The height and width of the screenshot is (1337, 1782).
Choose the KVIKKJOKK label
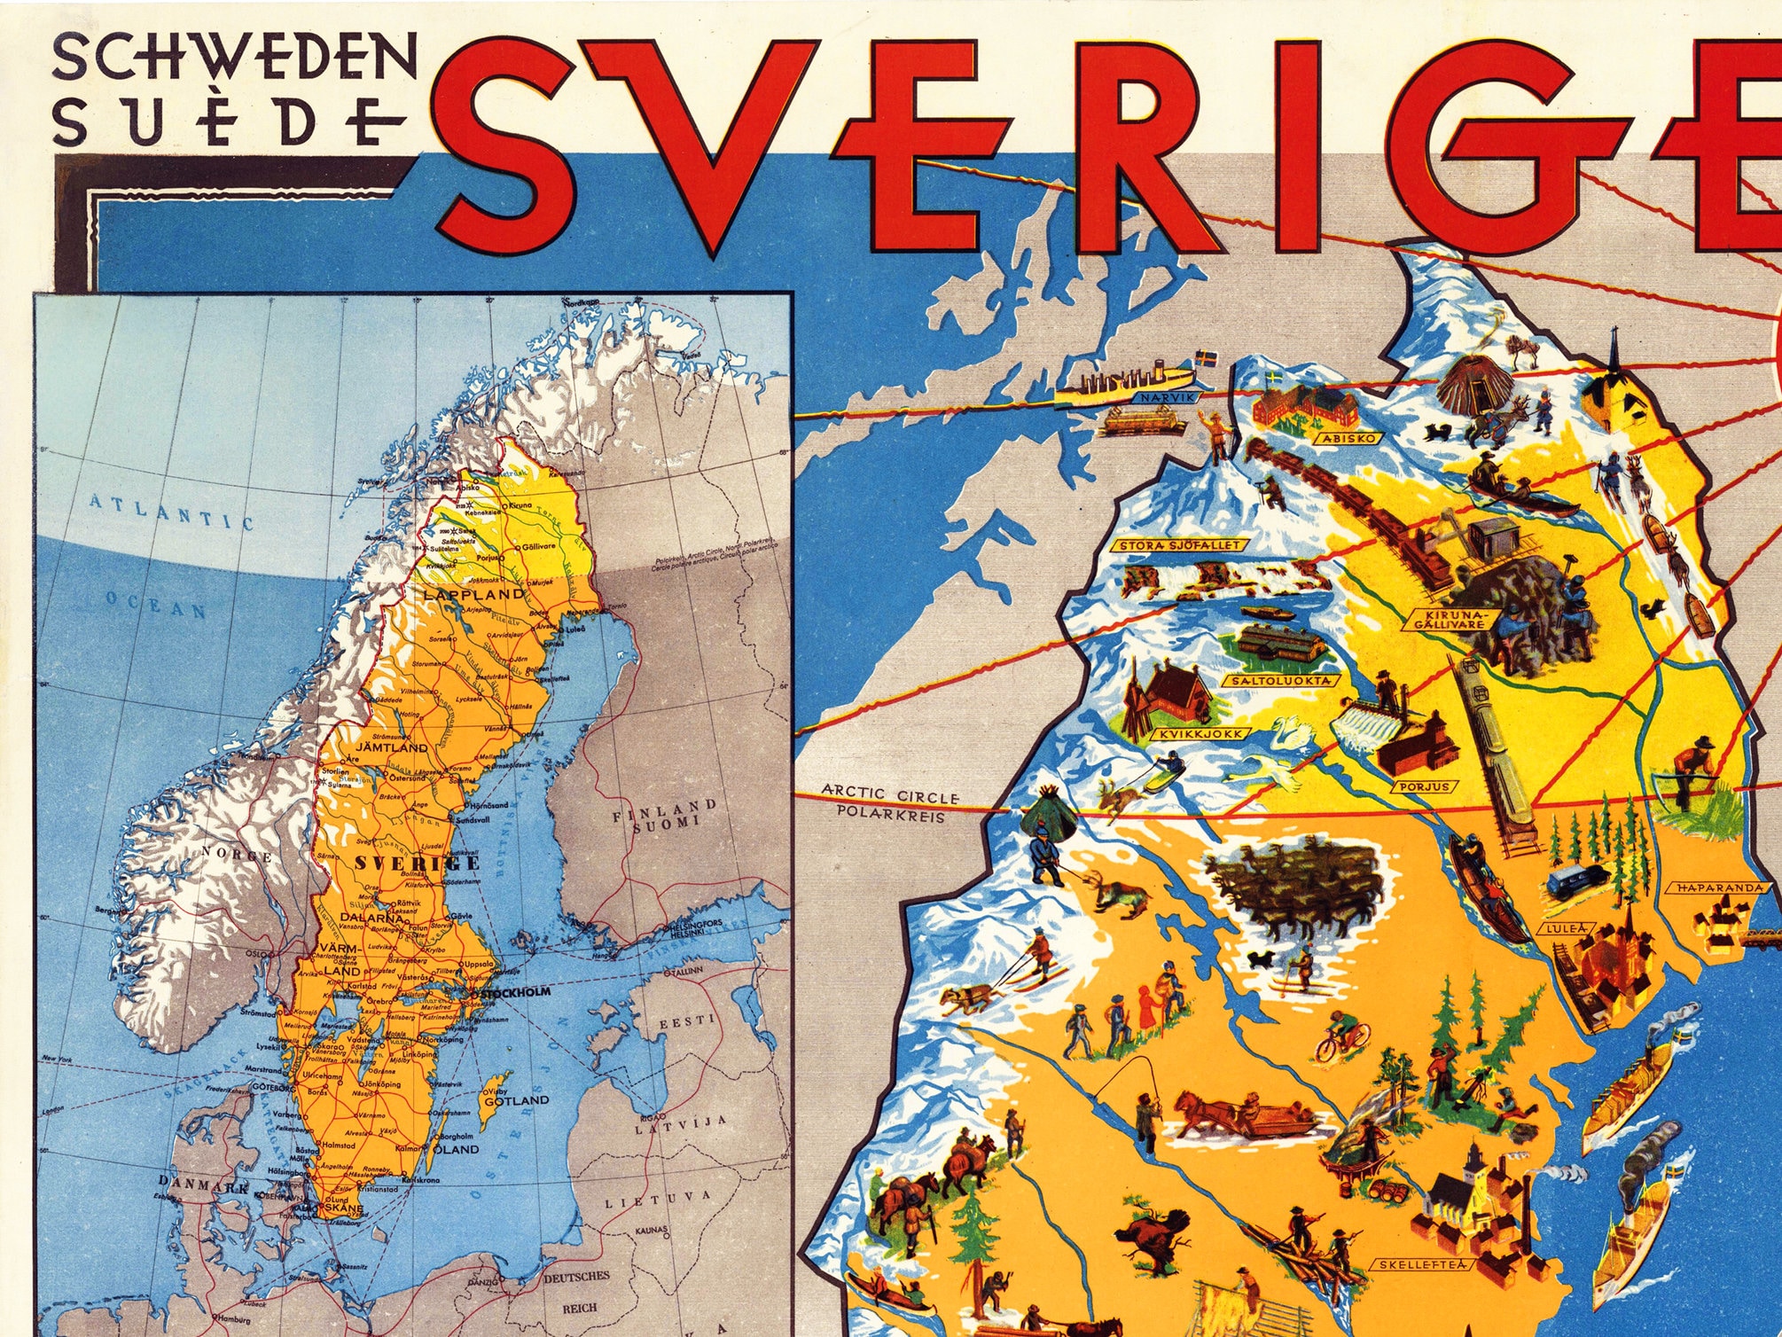1200,734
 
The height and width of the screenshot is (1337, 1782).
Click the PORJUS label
1425,786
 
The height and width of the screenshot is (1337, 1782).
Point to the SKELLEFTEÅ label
1418,1265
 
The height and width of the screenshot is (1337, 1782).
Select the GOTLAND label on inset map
516,1100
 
